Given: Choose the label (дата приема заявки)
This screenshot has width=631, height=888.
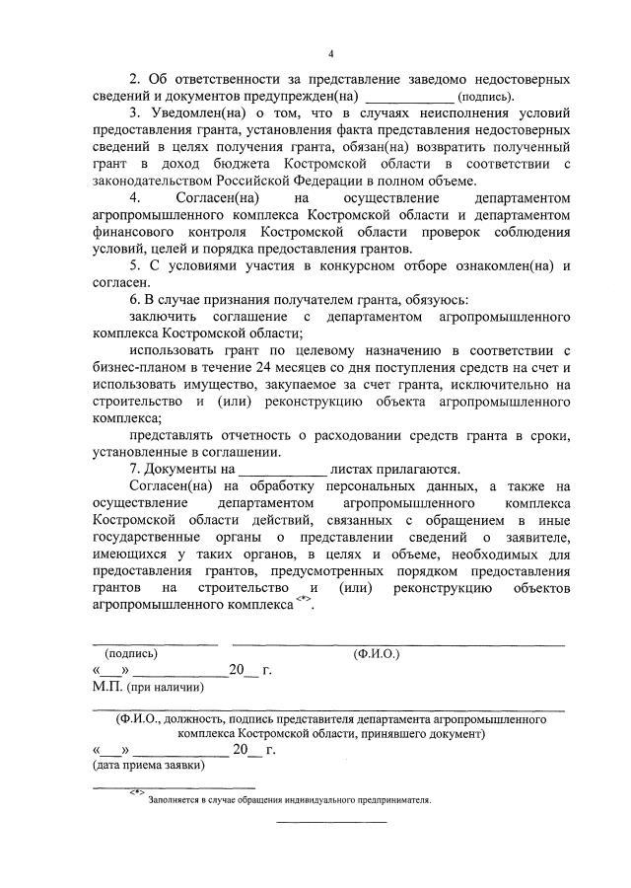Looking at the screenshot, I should (x=148, y=765).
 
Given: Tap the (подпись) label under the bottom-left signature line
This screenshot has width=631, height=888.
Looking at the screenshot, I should (x=124, y=653).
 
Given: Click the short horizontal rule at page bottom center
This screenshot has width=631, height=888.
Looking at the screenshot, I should (x=330, y=822).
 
